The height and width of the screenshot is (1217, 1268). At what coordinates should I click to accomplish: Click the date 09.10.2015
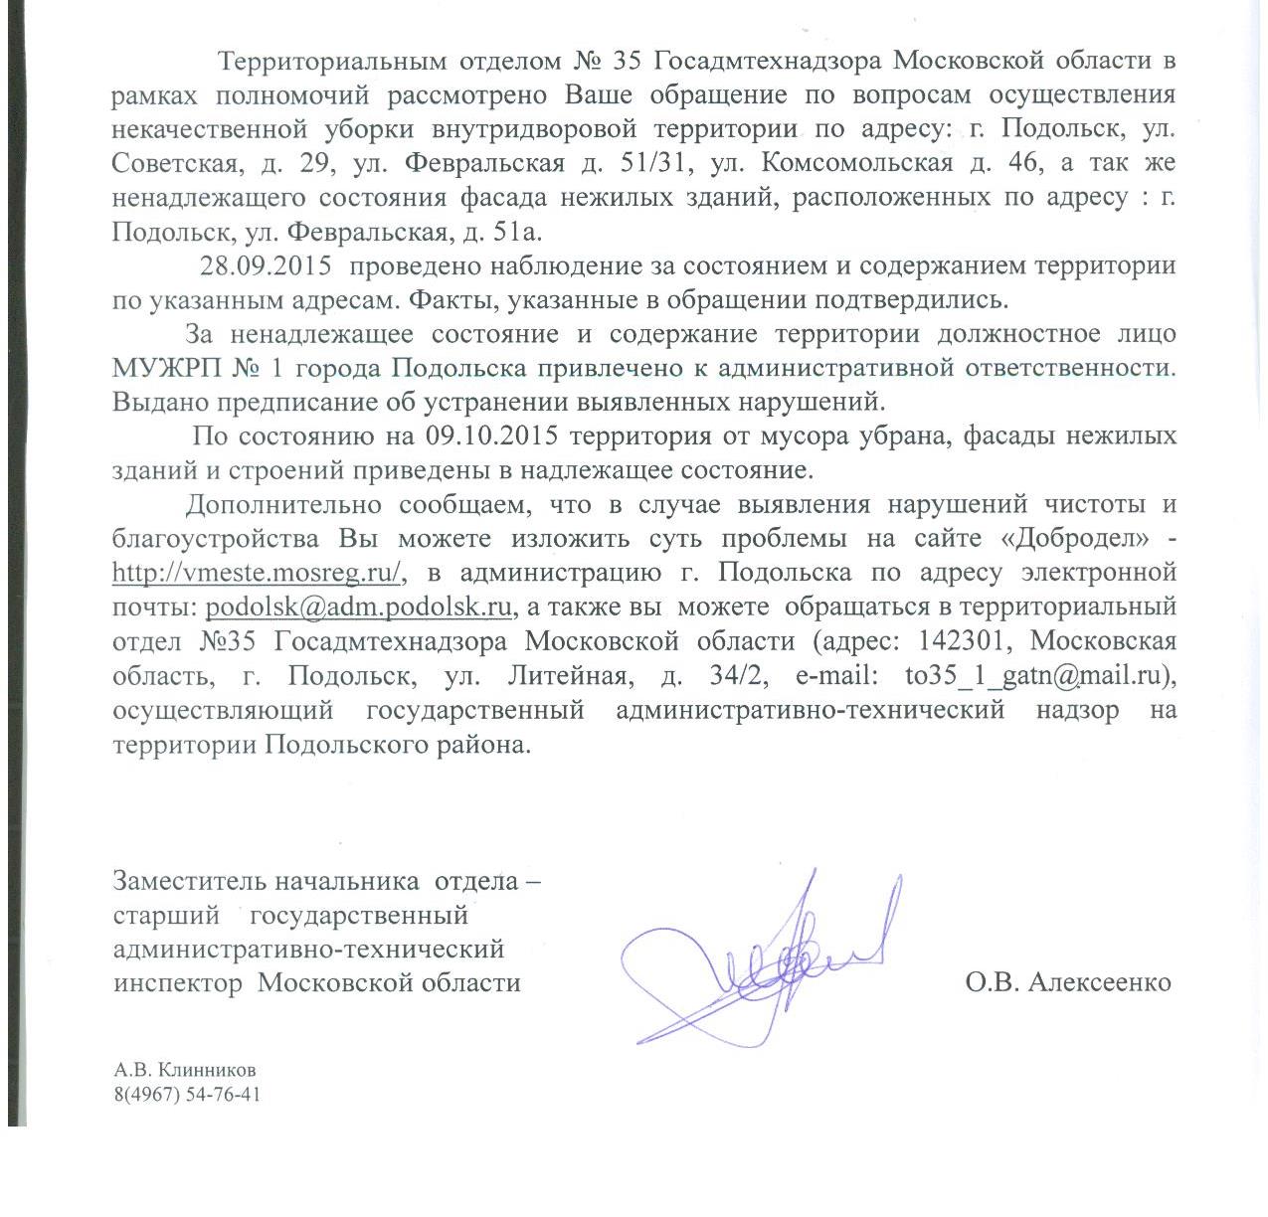point(492,435)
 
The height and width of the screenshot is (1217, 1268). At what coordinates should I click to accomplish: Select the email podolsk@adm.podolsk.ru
point(358,607)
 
